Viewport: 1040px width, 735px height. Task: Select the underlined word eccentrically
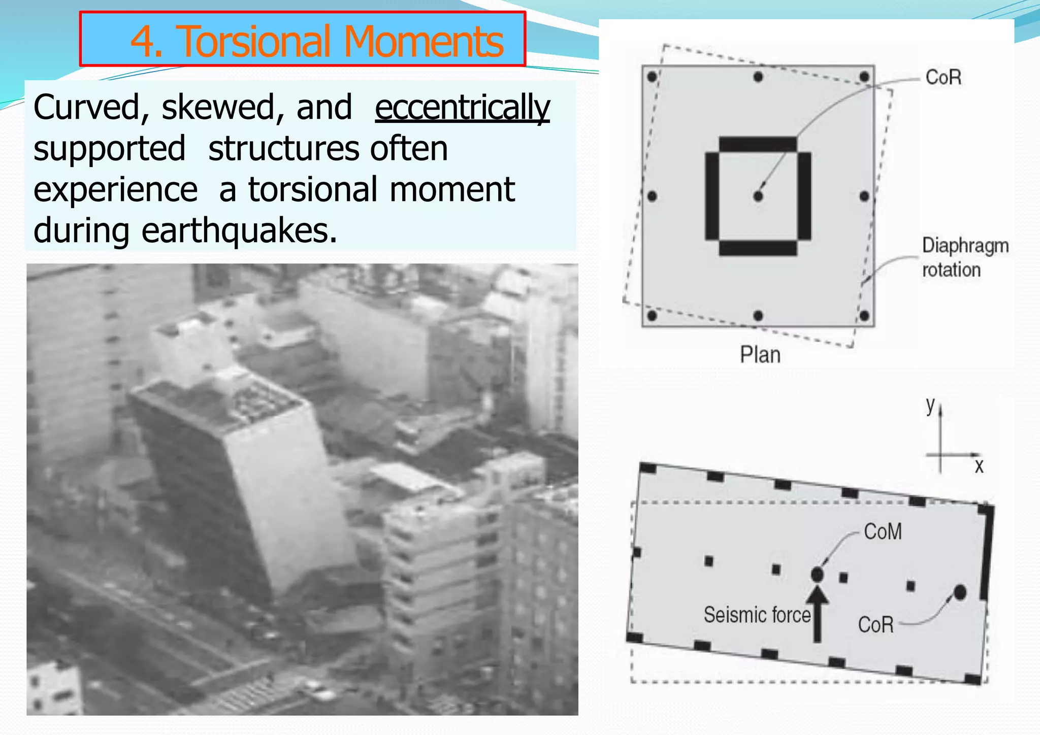(462, 108)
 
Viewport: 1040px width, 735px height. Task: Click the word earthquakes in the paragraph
(239, 231)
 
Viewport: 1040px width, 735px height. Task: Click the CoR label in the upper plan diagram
(944, 78)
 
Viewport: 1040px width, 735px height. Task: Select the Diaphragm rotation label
(964, 257)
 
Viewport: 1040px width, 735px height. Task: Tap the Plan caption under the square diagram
(760, 355)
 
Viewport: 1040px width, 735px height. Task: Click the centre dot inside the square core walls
(758, 196)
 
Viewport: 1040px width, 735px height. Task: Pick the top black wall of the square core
(758, 144)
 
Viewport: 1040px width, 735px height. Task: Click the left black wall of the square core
(712, 196)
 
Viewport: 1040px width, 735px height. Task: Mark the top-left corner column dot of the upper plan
(652, 77)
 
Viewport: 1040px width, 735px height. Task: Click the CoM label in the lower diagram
(883, 532)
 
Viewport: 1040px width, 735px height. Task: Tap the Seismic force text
(757, 615)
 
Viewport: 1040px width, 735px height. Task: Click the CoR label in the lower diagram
(875, 624)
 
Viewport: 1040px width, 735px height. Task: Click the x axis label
(979, 466)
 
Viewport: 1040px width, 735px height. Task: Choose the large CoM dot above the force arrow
(817, 575)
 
